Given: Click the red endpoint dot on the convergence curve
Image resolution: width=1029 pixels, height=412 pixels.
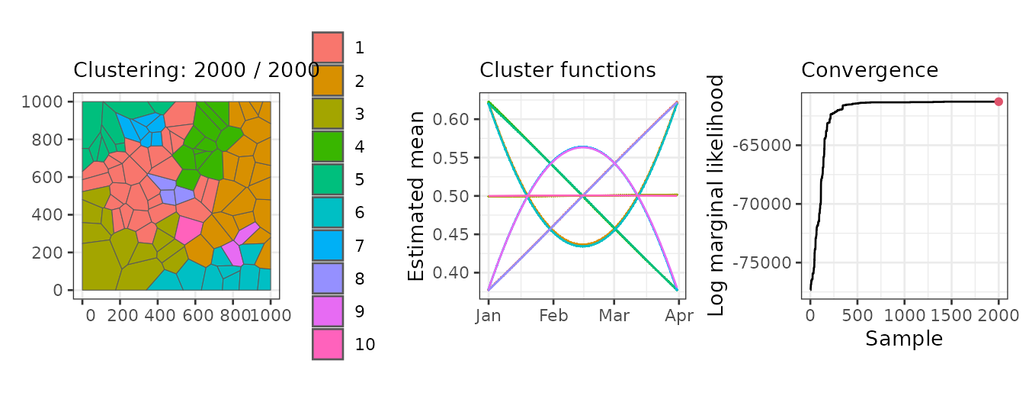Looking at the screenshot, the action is pyautogui.click(x=999, y=101).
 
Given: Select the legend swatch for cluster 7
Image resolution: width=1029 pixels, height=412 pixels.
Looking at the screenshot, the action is pyautogui.click(x=328, y=246).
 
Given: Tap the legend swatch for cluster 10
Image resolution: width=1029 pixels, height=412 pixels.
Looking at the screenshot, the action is pyautogui.click(x=328, y=344).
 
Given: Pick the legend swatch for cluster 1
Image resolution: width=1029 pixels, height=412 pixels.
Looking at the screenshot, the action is pyautogui.click(x=328, y=48).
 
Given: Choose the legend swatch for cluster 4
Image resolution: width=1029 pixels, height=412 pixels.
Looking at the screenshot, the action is pyautogui.click(x=328, y=146).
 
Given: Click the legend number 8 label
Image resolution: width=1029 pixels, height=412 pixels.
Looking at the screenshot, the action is pyautogui.click(x=359, y=278).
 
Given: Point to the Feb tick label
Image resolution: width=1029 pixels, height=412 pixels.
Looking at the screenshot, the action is pyautogui.click(x=553, y=315).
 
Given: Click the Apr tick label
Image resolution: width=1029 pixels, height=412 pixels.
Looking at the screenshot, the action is pyautogui.click(x=679, y=316).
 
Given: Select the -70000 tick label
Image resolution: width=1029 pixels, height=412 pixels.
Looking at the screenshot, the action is pyautogui.click(x=761, y=204).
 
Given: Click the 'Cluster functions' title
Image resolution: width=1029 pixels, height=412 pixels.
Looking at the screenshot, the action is pyautogui.click(x=568, y=70).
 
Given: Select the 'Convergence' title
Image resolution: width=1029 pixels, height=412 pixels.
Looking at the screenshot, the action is pyautogui.click(x=870, y=70).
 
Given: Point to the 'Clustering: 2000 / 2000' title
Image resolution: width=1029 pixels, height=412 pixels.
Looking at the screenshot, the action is pyautogui.click(x=196, y=70).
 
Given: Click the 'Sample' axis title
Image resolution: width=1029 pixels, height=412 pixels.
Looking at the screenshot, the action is pyautogui.click(x=904, y=339).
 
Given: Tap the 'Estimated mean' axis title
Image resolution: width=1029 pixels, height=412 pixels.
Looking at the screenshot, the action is pyautogui.click(x=415, y=196).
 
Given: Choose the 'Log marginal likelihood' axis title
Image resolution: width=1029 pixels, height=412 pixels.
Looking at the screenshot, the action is pyautogui.click(x=716, y=196).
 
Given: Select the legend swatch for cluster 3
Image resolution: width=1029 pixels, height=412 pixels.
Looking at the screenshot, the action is pyautogui.click(x=328, y=114).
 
